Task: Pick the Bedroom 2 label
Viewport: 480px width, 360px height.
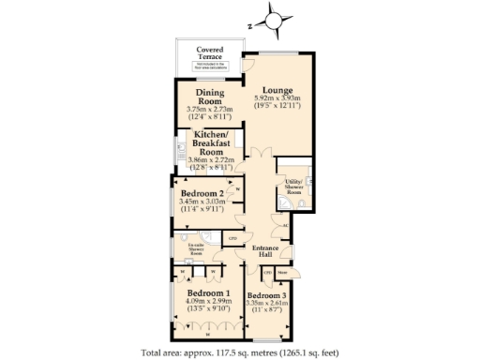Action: coord(202,194)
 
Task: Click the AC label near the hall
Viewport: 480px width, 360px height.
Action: coord(285,227)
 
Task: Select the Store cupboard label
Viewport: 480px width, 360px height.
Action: coord(282,272)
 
